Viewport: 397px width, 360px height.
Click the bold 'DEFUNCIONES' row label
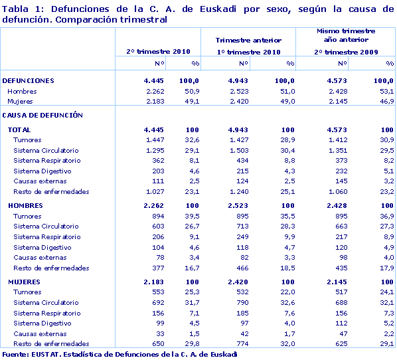[x=29, y=81]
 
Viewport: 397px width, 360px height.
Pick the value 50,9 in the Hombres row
[x=192, y=92]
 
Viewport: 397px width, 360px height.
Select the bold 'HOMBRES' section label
[x=25, y=206]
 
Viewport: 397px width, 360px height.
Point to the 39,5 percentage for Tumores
[x=192, y=217]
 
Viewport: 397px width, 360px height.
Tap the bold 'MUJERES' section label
[x=24, y=282]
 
